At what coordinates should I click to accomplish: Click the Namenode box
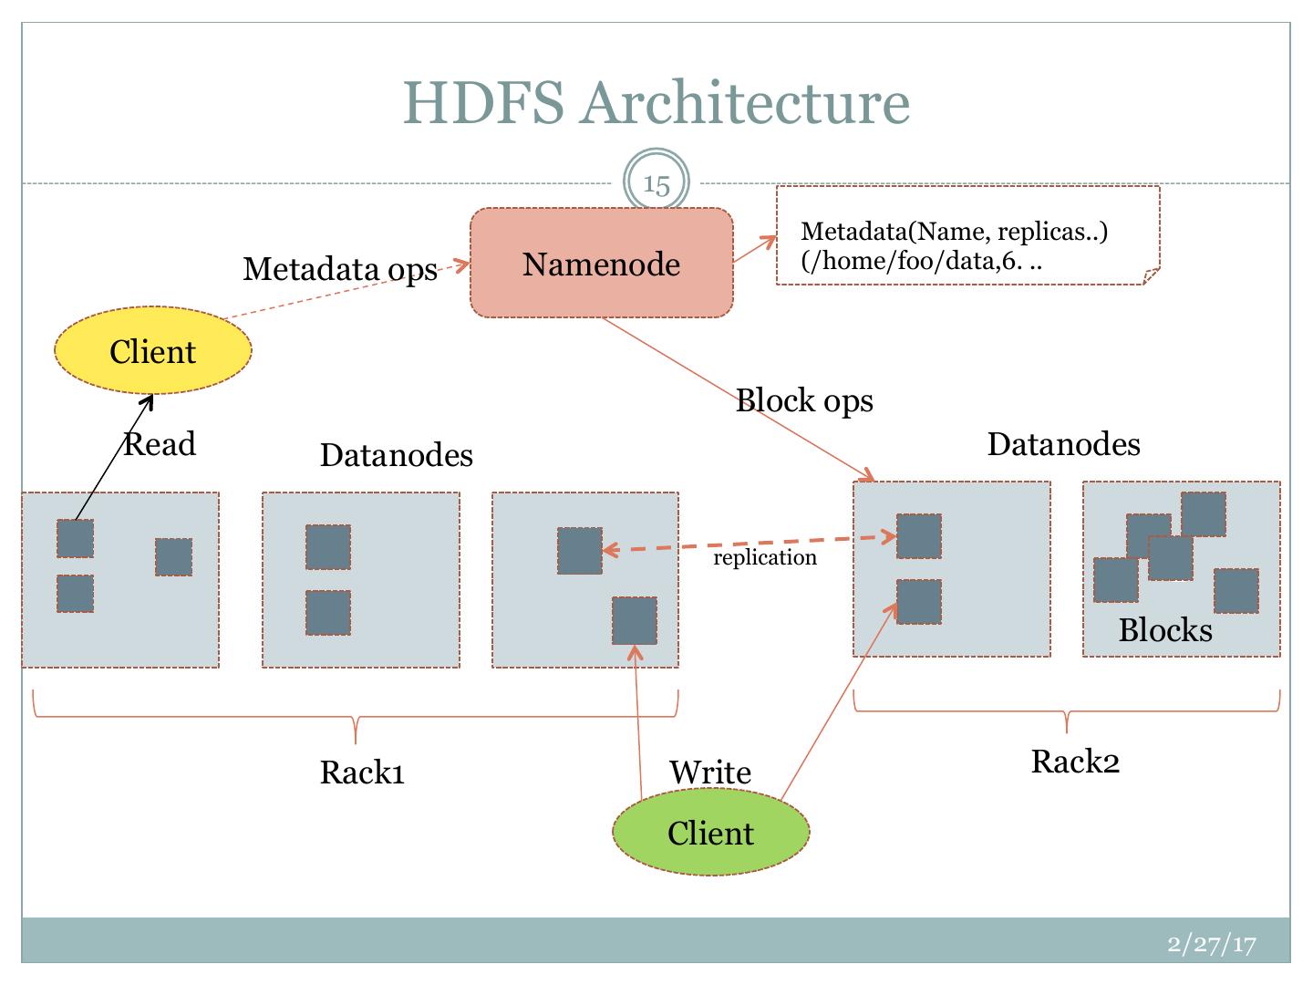pos(601,264)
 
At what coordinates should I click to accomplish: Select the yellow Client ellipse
pos(152,352)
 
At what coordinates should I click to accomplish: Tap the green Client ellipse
pos(710,833)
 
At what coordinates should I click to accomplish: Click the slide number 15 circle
pos(656,184)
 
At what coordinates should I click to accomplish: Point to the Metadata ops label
pos(339,268)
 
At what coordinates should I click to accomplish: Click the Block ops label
pos(804,399)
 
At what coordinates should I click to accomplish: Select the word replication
pos(764,557)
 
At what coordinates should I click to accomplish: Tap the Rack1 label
pos(362,772)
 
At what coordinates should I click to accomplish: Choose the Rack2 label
pos(1075,761)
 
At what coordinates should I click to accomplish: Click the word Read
pos(160,444)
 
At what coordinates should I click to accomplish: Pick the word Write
pos(710,772)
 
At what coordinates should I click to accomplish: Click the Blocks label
pos(1165,630)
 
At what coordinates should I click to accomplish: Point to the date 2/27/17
pos(1212,944)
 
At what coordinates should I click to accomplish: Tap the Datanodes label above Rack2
pos(1063,443)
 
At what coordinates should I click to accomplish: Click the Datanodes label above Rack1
pos(396,454)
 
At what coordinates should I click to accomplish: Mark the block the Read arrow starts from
pos(75,538)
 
